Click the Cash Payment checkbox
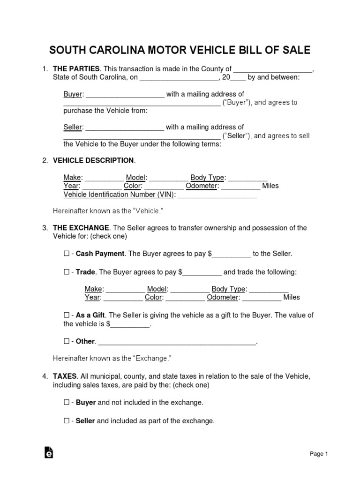pyautogui.click(x=66, y=254)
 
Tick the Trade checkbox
pyautogui.click(x=66, y=272)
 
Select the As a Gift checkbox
pyautogui.click(x=66, y=315)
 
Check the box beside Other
pyautogui.click(x=66, y=341)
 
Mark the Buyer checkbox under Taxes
pyautogui.click(x=66, y=402)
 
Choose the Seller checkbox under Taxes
pyautogui.click(x=66, y=421)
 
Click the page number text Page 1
pyautogui.click(x=319, y=454)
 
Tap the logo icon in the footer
pyautogui.click(x=48, y=452)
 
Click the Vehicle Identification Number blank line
pyautogui.click(x=217, y=195)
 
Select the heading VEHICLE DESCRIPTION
pyautogui.click(x=94, y=161)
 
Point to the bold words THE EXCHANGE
pyautogui.click(x=81, y=228)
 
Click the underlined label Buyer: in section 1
pyautogui.click(x=74, y=94)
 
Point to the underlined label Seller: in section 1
pyautogui.click(x=73, y=127)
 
